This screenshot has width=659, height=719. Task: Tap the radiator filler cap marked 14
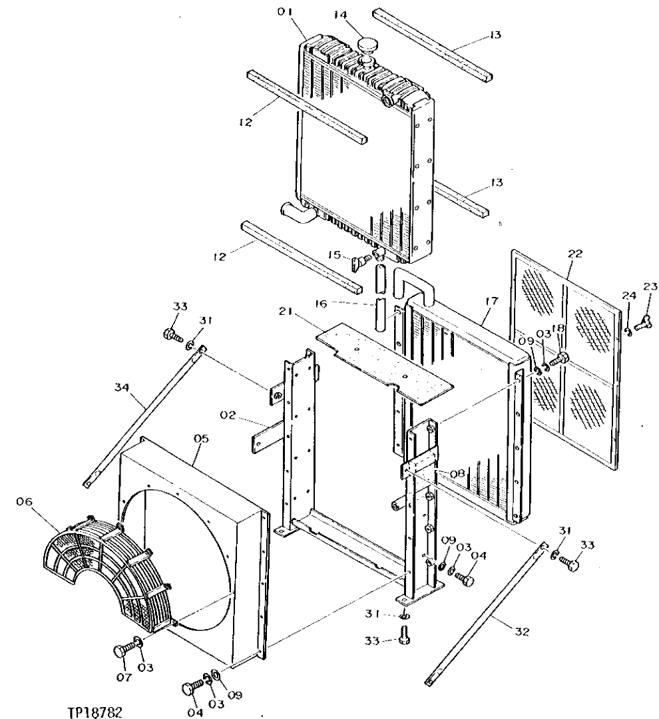(367, 45)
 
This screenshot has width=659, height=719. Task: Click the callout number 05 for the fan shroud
(202, 439)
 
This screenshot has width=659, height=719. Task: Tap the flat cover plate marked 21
(383, 360)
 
